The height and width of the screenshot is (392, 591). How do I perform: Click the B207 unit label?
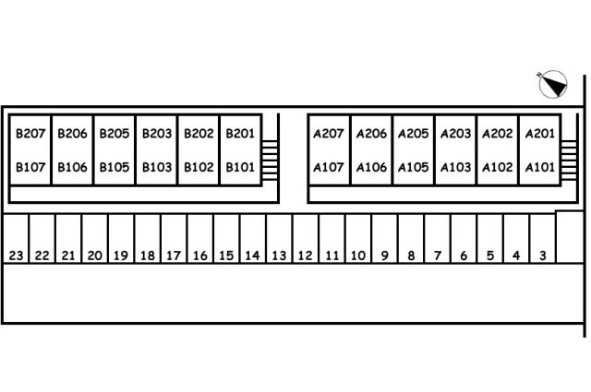(x=30, y=134)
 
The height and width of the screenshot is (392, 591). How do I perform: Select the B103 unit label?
(x=157, y=167)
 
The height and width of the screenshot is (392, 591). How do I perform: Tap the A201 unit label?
(x=539, y=134)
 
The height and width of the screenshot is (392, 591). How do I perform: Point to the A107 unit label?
(x=329, y=167)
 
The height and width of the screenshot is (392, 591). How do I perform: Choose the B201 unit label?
(x=240, y=134)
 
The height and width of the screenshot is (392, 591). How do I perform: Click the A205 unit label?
(x=413, y=134)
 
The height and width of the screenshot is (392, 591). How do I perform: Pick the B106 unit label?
(x=72, y=167)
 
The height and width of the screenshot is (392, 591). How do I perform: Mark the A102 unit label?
(x=498, y=167)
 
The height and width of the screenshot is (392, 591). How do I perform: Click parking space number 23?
(x=17, y=255)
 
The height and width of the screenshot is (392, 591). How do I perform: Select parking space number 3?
(x=543, y=255)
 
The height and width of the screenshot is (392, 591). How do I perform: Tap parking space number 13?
(x=279, y=255)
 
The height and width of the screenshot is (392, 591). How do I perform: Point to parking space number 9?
(x=384, y=255)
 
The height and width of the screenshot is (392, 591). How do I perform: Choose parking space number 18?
(x=148, y=255)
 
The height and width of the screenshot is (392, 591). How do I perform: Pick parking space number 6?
(x=464, y=255)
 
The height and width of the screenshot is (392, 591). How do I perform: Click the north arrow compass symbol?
(x=552, y=84)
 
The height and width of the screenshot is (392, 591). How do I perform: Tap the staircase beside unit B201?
(x=270, y=160)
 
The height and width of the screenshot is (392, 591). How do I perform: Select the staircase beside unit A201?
(x=569, y=160)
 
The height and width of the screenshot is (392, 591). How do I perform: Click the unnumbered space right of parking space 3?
(x=570, y=237)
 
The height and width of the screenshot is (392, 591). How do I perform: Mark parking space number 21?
(x=68, y=255)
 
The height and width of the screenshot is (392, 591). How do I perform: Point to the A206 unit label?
(x=371, y=134)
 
